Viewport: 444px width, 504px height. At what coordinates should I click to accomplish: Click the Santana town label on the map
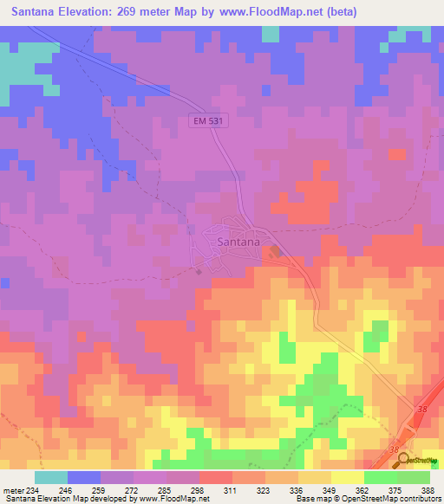tap(238, 242)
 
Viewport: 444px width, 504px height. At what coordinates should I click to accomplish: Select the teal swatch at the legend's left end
tap(51, 477)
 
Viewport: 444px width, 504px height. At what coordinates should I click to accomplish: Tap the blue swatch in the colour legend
tap(84, 477)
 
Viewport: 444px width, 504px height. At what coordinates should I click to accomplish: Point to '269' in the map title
tap(142, 12)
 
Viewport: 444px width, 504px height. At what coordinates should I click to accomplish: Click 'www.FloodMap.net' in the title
tap(272, 12)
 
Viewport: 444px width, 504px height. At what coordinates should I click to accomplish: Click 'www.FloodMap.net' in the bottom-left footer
tap(168, 499)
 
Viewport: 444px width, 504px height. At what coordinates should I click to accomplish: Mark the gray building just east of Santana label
tap(275, 252)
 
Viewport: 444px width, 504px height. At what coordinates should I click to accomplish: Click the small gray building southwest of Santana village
tap(199, 272)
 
